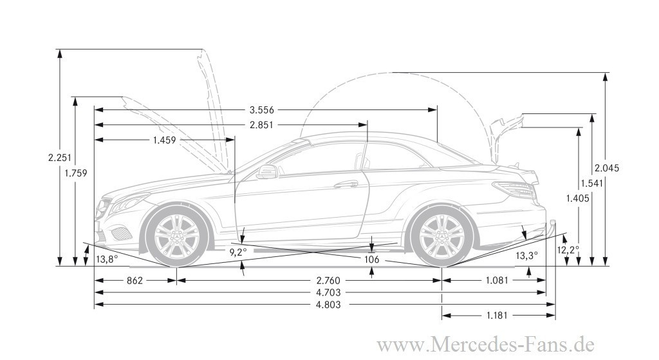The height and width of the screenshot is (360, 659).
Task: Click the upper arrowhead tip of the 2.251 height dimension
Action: (60, 50)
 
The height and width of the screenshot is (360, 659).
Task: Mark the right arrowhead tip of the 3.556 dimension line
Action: (437, 110)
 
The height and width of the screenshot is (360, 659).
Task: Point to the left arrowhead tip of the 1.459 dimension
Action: (95, 140)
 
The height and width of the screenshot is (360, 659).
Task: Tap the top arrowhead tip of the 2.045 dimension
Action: (605, 73)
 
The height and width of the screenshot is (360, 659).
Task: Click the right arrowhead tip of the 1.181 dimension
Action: (555, 315)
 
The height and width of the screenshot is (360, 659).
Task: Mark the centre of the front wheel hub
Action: (176, 238)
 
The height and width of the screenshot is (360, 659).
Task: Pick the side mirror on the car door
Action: (266, 171)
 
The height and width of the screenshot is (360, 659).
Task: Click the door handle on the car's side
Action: (346, 184)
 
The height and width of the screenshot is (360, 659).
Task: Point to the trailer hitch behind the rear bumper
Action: (552, 228)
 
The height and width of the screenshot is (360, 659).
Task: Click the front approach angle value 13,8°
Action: (107, 260)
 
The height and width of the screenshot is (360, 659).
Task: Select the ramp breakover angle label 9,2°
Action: (238, 252)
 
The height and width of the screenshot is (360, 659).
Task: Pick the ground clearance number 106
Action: (371, 260)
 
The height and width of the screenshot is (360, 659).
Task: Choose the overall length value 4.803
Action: (328, 305)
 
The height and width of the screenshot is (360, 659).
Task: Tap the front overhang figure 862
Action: (135, 281)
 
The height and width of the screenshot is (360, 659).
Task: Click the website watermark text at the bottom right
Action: (485, 345)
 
